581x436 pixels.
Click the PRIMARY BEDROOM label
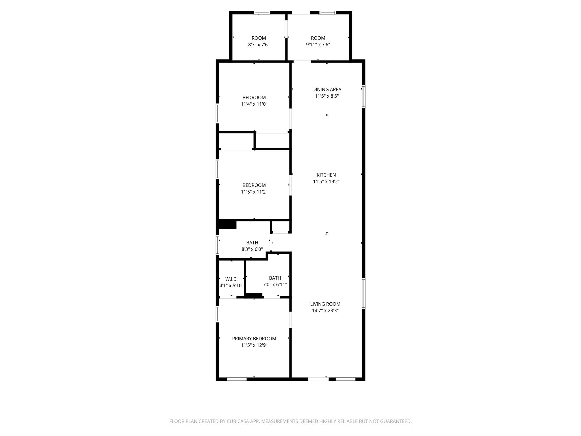[254, 339]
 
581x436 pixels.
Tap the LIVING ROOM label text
[325, 304]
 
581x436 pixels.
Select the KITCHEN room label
[326, 175]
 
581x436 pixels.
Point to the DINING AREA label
[327, 89]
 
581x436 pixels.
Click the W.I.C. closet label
[231, 279]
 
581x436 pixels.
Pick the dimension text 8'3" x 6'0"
[252, 249]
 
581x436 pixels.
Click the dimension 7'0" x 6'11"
[275, 284]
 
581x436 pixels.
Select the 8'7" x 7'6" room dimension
[259, 45]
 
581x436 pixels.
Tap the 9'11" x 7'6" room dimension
[318, 45]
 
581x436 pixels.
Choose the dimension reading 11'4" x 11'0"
[254, 104]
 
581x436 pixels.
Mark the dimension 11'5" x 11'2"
[254, 192]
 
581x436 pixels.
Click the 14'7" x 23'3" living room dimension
[325, 311]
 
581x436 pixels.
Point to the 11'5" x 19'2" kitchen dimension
[326, 181]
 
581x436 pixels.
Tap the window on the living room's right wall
[363, 294]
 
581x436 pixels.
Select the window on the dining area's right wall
[363, 97]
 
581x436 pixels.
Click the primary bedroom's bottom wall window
[237, 379]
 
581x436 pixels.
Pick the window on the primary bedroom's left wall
[218, 314]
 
